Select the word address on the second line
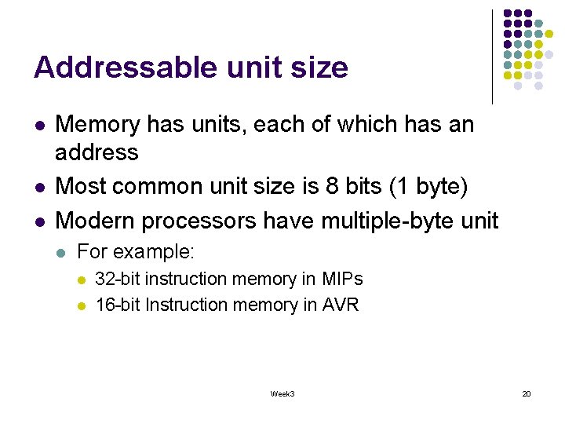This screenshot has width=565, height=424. pyautogui.click(x=97, y=152)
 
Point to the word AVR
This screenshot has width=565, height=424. pyautogui.click(x=341, y=305)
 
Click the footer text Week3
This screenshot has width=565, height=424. pyautogui.click(x=282, y=393)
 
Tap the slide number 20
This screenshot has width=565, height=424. pyautogui.click(x=526, y=393)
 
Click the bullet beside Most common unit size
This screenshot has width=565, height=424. pyautogui.click(x=39, y=187)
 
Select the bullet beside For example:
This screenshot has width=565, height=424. pyautogui.click(x=62, y=253)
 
